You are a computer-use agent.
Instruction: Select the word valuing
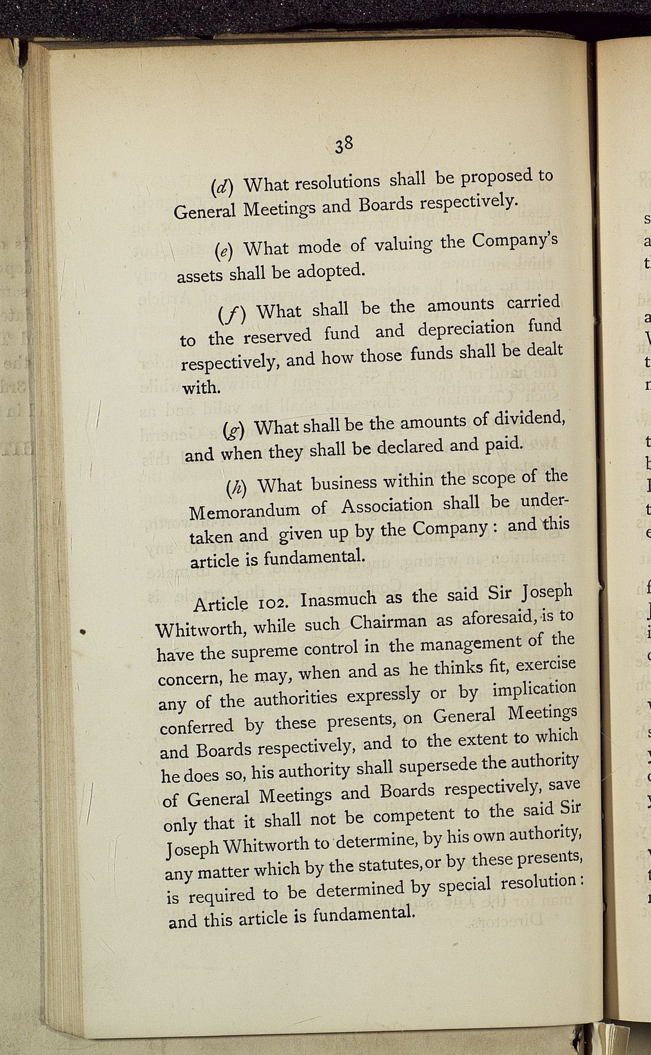(404, 244)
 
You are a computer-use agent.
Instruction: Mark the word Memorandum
(244, 511)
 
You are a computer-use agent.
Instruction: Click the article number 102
(271, 601)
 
